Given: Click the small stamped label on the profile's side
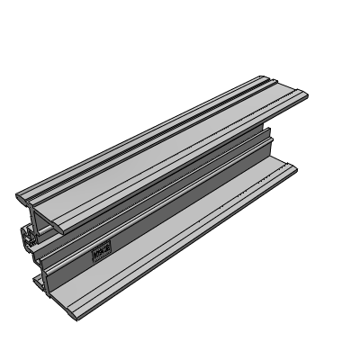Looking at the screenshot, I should [x=102, y=251].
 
